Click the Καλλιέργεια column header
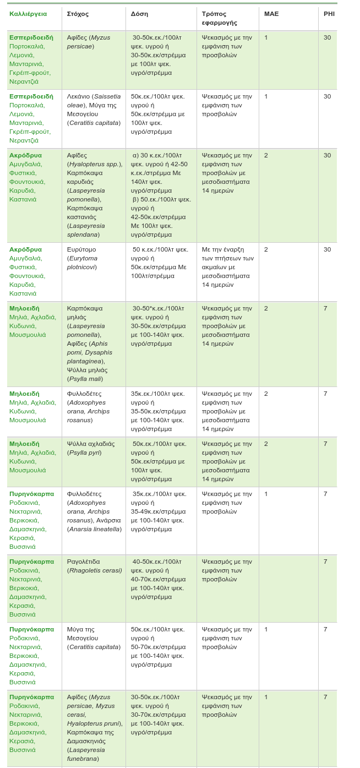pyautogui.click(x=28, y=14)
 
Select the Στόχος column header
pyautogui.click(x=78, y=14)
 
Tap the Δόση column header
pyautogui.click(x=139, y=14)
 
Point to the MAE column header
pyautogui.click(x=271, y=14)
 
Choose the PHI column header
pyautogui.click(x=329, y=14)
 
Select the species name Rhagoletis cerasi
pyautogui.click(x=94, y=570)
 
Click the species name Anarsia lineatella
pyautogui.click(x=94, y=529)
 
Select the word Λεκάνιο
pyautogui.click(x=78, y=96)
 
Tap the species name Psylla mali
pyautogui.click(x=85, y=379)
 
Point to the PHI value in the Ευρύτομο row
pyautogui.click(x=327, y=249)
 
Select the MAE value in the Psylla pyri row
pyautogui.click(x=266, y=444)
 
